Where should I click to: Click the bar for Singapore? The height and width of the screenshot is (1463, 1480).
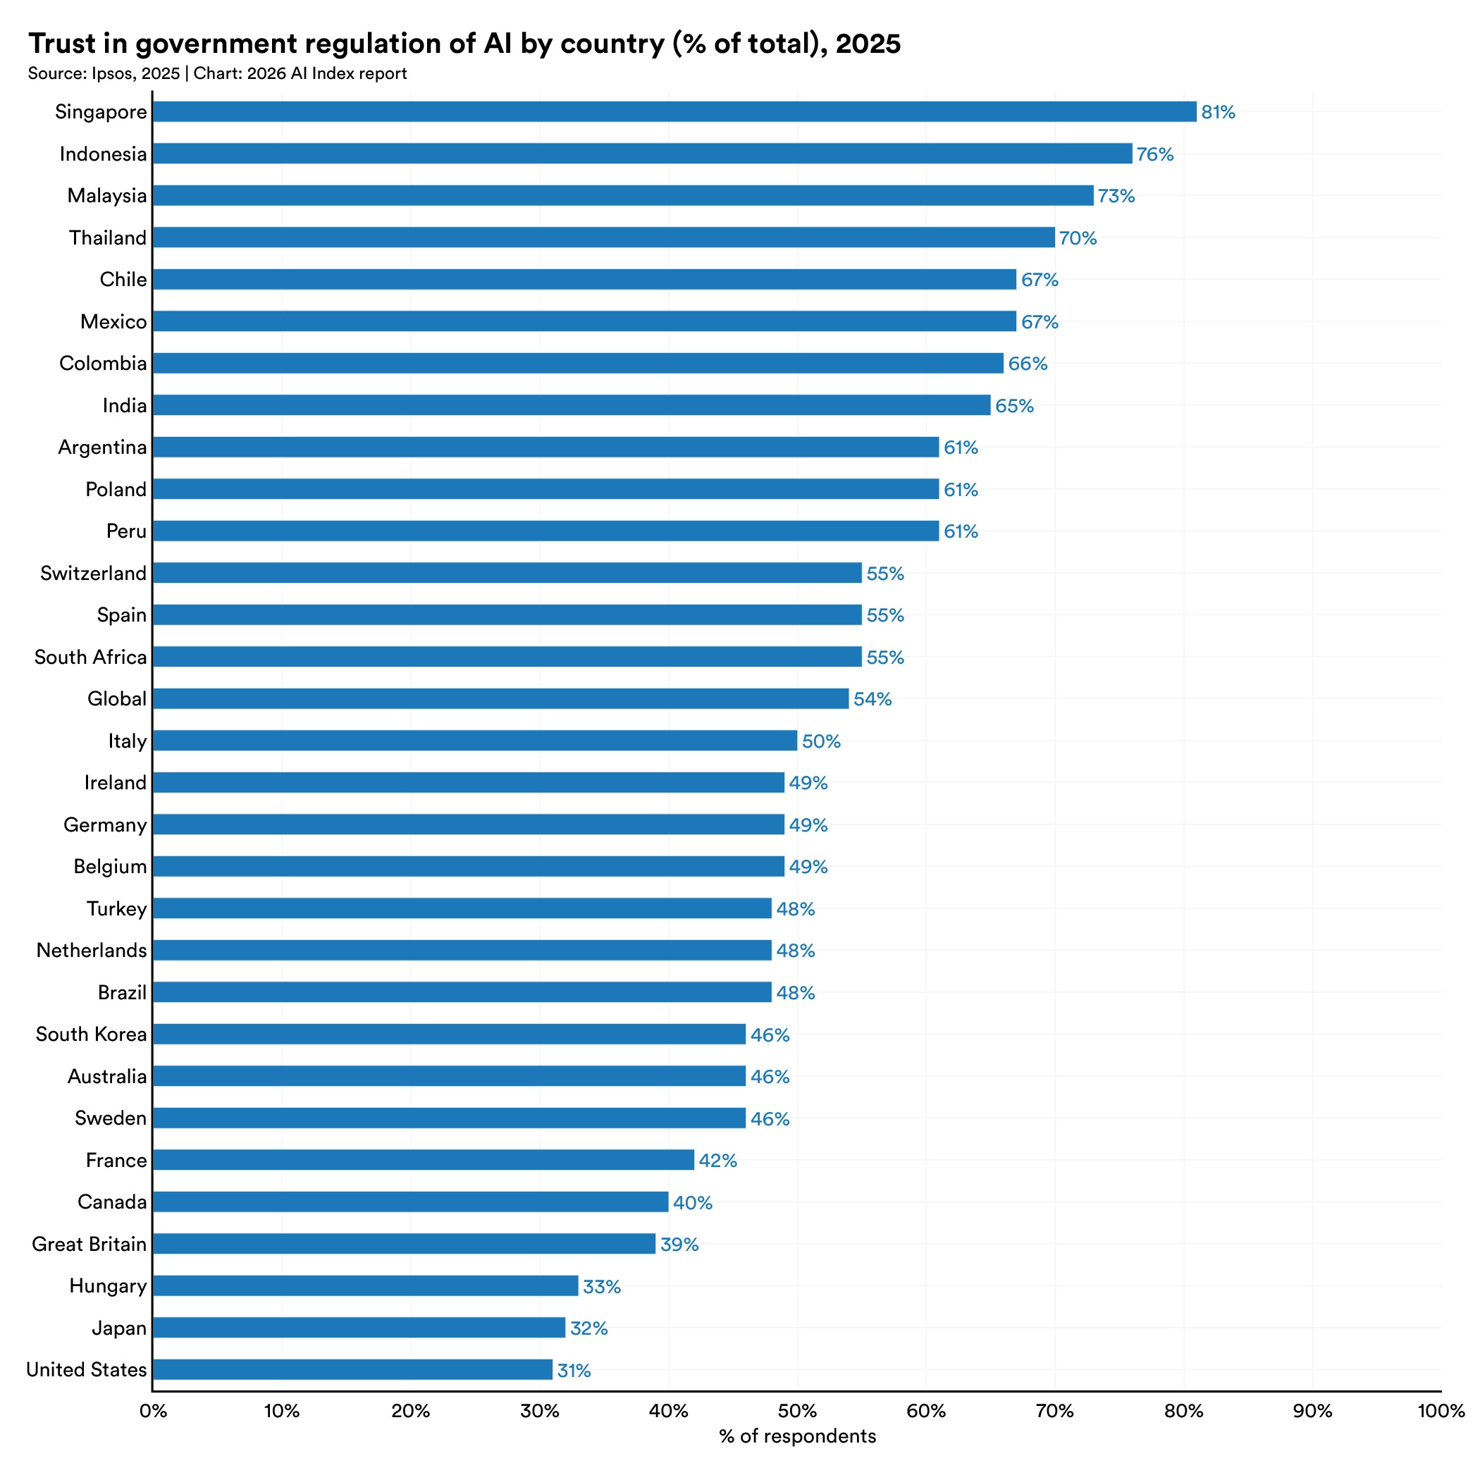(x=674, y=112)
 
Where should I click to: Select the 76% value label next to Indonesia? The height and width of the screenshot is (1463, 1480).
(x=1154, y=154)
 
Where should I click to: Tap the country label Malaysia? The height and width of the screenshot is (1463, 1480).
(x=106, y=195)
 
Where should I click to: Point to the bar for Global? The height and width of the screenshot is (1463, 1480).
(x=500, y=698)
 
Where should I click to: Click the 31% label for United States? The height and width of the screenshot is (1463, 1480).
(x=574, y=1370)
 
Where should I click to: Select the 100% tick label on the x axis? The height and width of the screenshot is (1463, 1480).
(x=1440, y=1411)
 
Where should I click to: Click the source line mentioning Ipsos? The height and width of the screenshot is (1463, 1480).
(x=217, y=73)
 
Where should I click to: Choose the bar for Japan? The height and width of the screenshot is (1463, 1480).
(x=359, y=1328)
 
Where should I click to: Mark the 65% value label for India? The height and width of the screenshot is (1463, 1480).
(x=1014, y=406)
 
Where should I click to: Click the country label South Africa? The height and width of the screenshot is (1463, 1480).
(x=90, y=658)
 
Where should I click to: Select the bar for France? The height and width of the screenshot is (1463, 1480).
(x=423, y=1160)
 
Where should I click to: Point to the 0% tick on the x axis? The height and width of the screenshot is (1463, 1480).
(x=152, y=1411)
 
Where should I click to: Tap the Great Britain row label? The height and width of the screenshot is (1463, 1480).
(x=89, y=1244)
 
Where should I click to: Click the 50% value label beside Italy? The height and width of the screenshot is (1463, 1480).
(x=821, y=741)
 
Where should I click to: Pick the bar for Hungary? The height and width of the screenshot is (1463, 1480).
(x=364, y=1286)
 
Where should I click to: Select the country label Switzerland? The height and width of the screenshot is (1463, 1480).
(x=94, y=573)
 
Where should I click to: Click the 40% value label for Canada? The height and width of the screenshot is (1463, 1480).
(x=693, y=1202)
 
